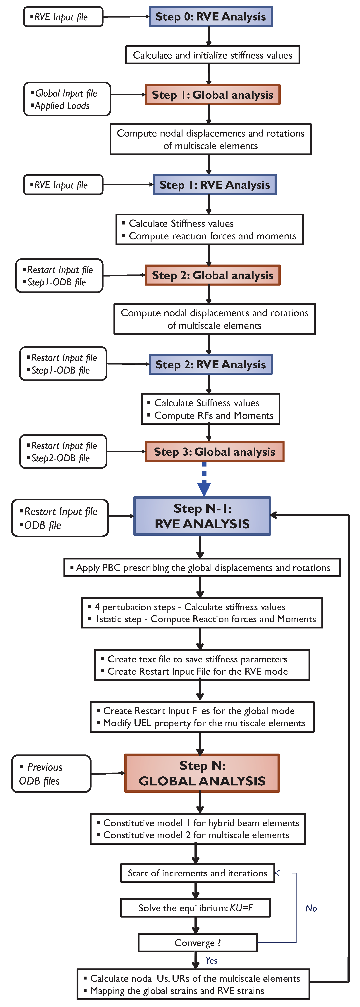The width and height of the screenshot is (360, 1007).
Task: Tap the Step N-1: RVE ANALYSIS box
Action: click(x=202, y=516)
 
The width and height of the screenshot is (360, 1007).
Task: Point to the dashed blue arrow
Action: click(x=204, y=479)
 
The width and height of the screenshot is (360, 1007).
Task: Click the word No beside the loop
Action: click(x=311, y=908)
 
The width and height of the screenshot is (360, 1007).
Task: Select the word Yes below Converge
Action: click(x=211, y=961)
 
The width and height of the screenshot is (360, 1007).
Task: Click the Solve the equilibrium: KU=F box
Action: click(x=195, y=908)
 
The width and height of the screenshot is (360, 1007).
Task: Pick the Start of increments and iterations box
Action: click(x=197, y=873)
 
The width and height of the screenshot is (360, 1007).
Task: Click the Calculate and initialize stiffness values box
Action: click(x=212, y=55)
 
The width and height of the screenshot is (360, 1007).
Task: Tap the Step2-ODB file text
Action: click(x=61, y=458)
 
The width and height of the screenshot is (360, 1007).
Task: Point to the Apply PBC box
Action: click(x=202, y=568)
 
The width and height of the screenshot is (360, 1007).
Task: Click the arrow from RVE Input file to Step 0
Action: click(x=126, y=17)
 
